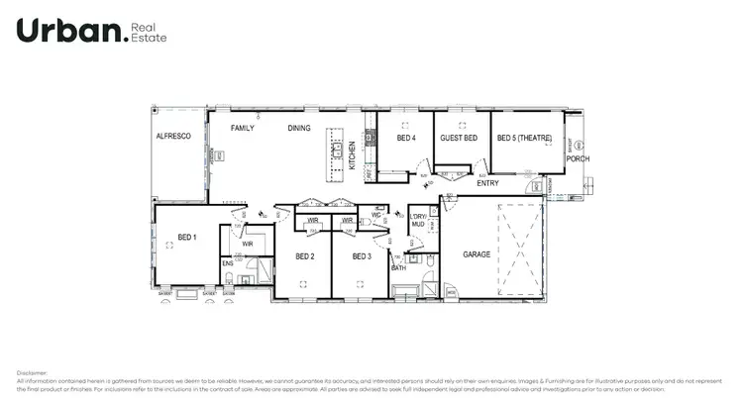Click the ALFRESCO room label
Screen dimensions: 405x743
[173, 138]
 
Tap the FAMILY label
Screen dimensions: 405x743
[244, 129]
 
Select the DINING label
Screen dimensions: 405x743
[299, 129]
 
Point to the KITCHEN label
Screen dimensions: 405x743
[352, 155]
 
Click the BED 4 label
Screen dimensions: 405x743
[405, 139]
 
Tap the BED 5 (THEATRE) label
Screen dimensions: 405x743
[524, 139]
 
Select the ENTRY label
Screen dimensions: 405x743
[487, 183]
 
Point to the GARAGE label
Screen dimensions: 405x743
[478, 254]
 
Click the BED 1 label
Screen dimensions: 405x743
[187, 237]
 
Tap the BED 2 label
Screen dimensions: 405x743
[305, 257]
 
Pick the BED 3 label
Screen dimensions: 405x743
[363, 257]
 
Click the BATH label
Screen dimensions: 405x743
[399, 268]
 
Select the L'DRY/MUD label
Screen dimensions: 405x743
[418, 220]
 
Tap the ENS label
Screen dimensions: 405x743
[227, 263]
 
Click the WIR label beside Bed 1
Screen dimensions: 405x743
[249, 242]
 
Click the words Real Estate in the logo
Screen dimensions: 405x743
[151, 33]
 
